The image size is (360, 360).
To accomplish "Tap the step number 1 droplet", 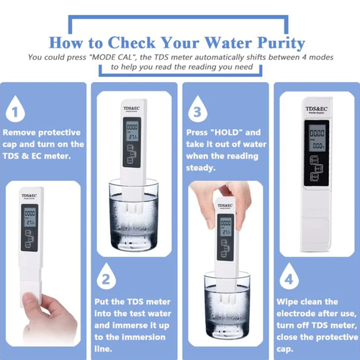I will (x=14, y=112).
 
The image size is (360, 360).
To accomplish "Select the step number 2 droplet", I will (x=105, y=278).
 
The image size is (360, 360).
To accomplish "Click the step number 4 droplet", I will (x=288, y=278).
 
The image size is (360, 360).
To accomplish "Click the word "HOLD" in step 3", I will (x=229, y=133).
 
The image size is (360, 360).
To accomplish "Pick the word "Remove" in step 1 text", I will (x=22, y=133).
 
